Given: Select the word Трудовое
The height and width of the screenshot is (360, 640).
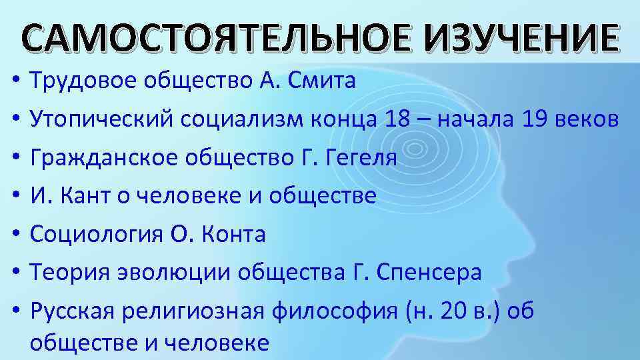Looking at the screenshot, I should click(x=81, y=82).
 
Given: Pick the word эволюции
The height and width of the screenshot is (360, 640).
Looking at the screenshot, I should click(x=164, y=273).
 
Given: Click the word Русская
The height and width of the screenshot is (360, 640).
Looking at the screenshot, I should click(x=70, y=311).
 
